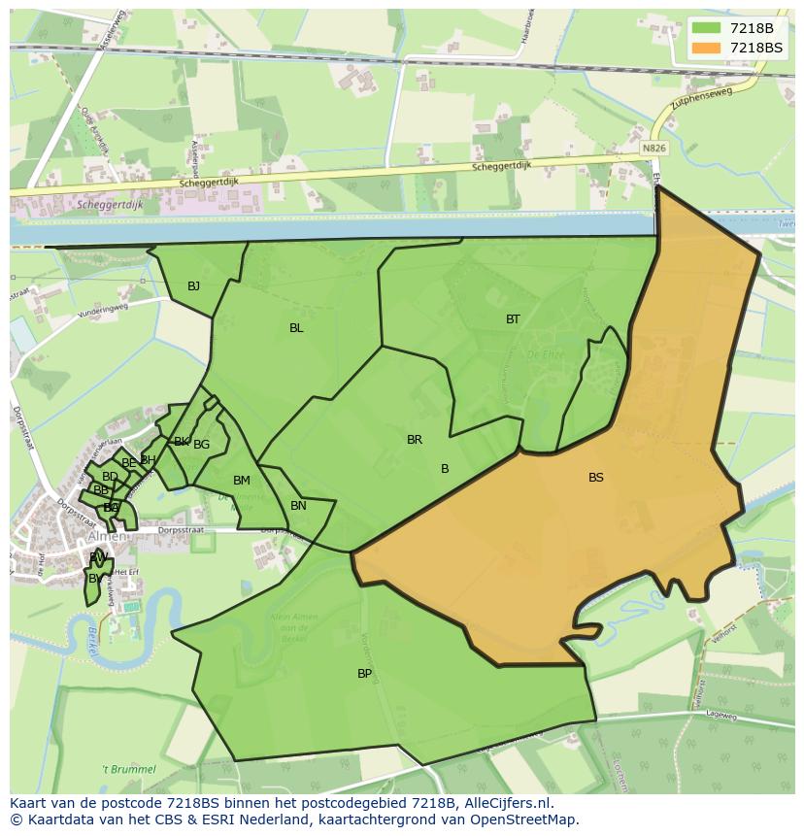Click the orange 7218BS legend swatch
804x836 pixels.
[706, 48]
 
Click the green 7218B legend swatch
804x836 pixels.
[706, 28]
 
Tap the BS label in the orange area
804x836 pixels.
[595, 477]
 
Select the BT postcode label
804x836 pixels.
[513, 318]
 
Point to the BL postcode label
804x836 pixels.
[296, 328]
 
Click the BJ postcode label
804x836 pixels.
[193, 285]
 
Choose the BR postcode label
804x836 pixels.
[415, 440]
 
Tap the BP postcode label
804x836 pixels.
[364, 673]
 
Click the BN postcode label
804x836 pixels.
[298, 506]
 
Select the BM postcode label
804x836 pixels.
[242, 481]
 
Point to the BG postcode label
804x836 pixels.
[201, 445]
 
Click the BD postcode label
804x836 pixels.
[110, 477]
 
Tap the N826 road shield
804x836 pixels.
[654, 148]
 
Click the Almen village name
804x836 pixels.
[107, 536]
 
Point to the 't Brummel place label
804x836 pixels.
[129, 769]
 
